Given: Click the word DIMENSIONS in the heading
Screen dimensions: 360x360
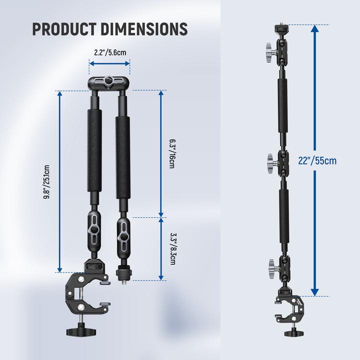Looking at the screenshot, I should point(145,29).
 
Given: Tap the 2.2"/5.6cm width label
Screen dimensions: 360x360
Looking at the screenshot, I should point(110,52).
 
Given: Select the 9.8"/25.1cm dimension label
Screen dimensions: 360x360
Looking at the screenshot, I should point(46,182).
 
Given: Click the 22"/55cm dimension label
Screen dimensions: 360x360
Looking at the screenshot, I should point(331,160).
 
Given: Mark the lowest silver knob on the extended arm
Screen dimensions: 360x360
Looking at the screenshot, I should point(270,263).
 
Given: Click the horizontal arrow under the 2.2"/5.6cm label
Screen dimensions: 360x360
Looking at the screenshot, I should point(109,63).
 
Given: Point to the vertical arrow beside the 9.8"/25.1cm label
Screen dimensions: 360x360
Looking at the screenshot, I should point(59,182).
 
